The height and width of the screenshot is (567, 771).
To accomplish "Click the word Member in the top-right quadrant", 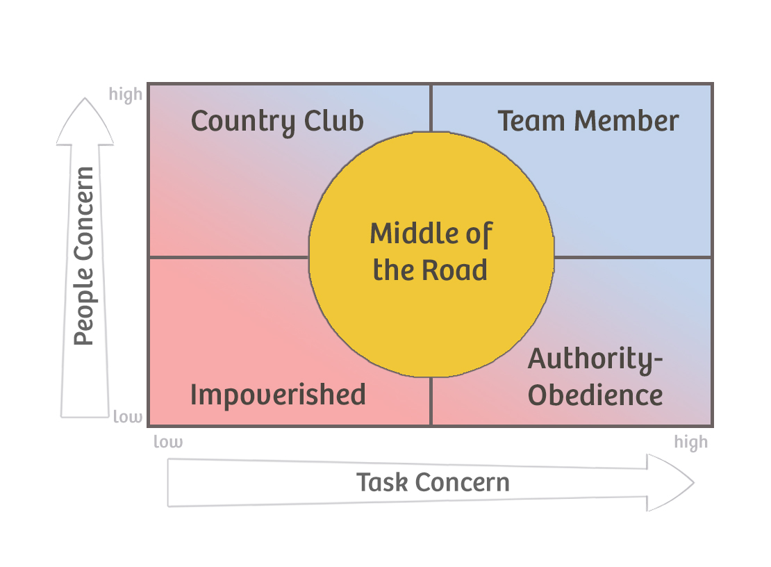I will (x=625, y=121).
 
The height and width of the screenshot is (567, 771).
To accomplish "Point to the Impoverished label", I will (x=278, y=395).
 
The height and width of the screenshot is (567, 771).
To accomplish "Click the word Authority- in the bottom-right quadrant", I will (x=595, y=359).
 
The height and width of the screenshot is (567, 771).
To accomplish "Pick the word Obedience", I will (x=595, y=395).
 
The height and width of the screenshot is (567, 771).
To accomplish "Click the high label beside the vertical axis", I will (x=126, y=94).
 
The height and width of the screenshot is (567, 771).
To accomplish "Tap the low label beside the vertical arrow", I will (x=128, y=417).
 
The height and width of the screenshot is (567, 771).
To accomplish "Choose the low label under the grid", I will (x=168, y=442).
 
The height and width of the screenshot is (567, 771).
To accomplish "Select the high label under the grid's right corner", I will (x=690, y=442).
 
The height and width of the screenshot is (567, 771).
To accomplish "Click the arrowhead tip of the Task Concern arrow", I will (x=693, y=482).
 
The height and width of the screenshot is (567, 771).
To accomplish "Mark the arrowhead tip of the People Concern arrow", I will (x=85, y=100).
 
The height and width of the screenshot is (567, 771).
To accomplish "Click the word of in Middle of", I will (x=478, y=233).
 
